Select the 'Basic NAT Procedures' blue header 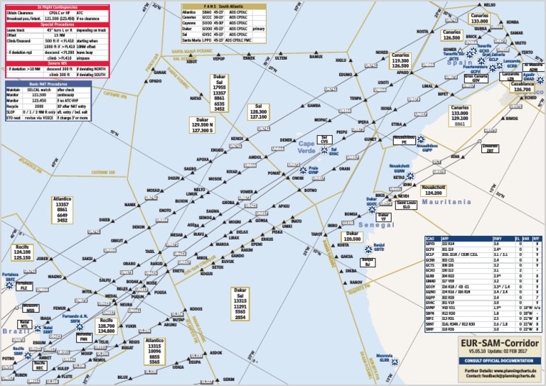click(48, 84)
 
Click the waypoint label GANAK click(161, 72)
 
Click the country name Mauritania click(446, 203)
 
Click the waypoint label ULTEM click(281, 58)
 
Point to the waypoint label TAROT click(317, 234)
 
